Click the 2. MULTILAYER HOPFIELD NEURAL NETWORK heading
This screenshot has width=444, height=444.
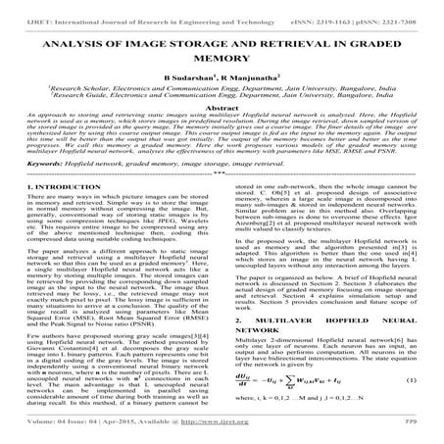pyautogui.click(x=293, y=346)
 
